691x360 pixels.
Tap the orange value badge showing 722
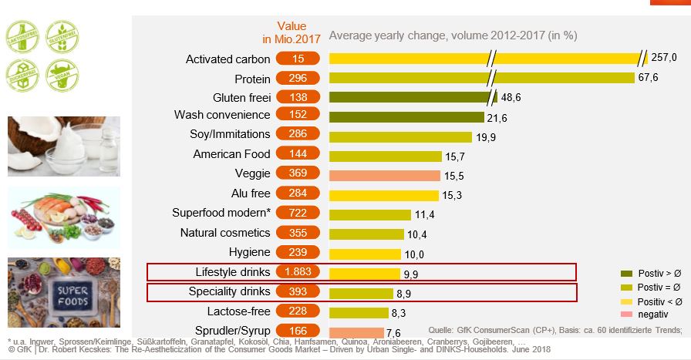(298, 214)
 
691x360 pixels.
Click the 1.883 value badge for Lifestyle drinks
(298, 271)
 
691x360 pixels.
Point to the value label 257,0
(664, 58)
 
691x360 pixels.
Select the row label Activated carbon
(228, 59)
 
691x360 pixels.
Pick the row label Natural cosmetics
(224, 233)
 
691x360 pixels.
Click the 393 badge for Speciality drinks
(298, 291)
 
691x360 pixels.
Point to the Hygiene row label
(249, 252)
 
